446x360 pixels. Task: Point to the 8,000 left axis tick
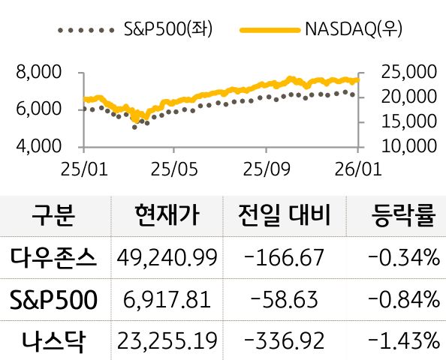tap(37, 73)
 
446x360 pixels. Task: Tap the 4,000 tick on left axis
tap(37, 145)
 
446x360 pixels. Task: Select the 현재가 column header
tap(167, 216)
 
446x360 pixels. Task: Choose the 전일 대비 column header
tap(282, 216)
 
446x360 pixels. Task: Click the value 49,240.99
tap(167, 258)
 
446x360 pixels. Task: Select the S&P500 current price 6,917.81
tap(167, 300)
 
